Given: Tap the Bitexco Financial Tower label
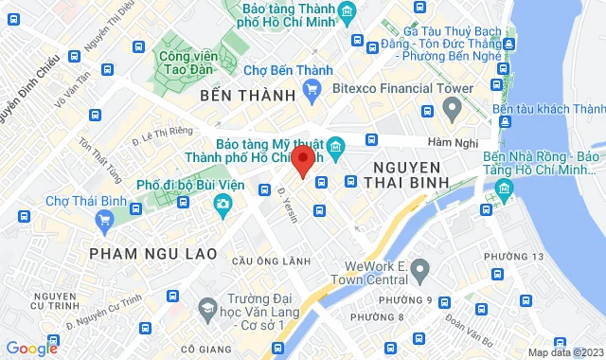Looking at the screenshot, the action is coord(401,89).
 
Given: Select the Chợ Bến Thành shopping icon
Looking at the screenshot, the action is coord(312,91).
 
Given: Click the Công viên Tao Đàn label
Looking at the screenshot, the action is coord(186,61).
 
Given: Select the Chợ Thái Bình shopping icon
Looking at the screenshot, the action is coord(104,222).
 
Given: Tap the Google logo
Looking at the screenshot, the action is coord(32,349).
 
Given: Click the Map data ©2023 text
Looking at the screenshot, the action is coord(565,352).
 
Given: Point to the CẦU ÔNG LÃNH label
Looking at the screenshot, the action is coord(270,261).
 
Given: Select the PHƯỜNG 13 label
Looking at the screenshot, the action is coord(526,256).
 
